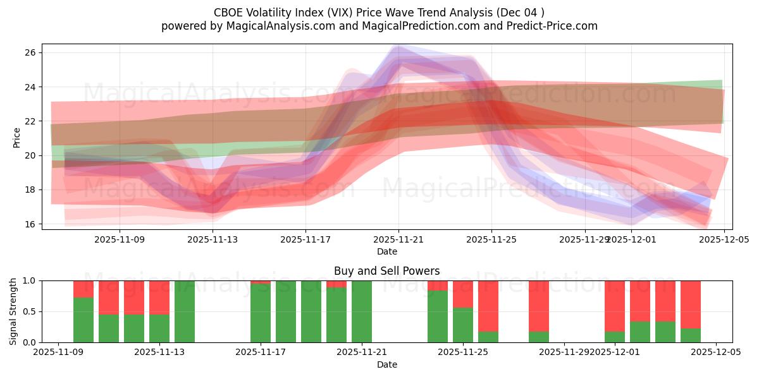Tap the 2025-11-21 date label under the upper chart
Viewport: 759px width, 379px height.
(x=398, y=239)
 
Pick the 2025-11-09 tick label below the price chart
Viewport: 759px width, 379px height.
(x=120, y=239)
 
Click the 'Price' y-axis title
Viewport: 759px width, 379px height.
(x=17, y=137)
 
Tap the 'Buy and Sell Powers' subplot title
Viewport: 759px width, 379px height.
(x=386, y=271)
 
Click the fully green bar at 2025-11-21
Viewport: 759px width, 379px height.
(x=362, y=311)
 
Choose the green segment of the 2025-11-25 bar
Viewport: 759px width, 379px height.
(x=463, y=325)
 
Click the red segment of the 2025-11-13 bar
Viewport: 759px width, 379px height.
(x=159, y=297)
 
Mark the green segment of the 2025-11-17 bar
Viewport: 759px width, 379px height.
(x=261, y=313)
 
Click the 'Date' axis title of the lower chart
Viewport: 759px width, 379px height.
(x=386, y=364)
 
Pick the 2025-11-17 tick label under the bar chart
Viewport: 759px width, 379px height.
(x=261, y=352)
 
